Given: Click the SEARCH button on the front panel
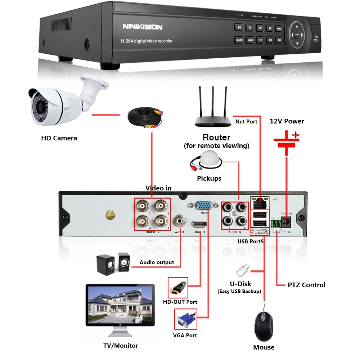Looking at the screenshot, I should pyautogui.click(x=239, y=40).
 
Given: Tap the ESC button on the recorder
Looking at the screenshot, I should pyautogui.click(x=279, y=40).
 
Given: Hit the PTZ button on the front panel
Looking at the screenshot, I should pyautogui.click(x=260, y=40).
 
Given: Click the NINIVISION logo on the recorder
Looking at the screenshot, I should pyautogui.click(x=143, y=27).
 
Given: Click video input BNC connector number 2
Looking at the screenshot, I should pyautogui.click(x=161, y=220).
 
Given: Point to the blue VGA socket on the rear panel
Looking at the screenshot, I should pyautogui.click(x=204, y=206).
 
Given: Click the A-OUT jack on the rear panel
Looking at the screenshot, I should pyautogui.click(x=179, y=220).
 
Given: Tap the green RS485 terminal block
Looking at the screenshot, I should pyautogui.click(x=276, y=224).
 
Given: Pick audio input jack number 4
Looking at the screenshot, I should pyautogui.click(x=228, y=220).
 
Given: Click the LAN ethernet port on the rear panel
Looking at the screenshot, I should pyautogui.click(x=260, y=204).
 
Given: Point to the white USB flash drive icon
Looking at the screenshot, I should pyautogui.click(x=243, y=270).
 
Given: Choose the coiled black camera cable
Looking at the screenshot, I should pyautogui.click(x=144, y=119).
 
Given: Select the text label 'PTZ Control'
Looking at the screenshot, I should pyautogui.click(x=306, y=285).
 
